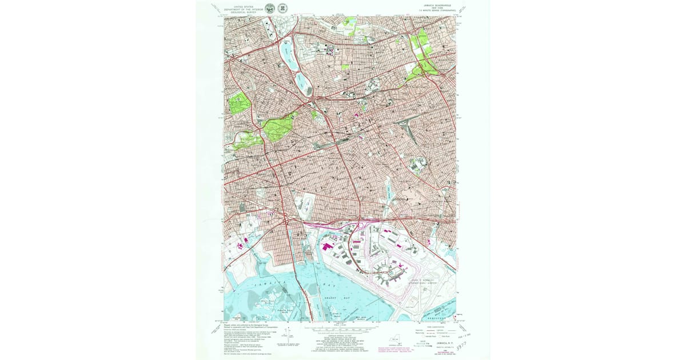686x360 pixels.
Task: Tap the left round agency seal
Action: pos(270,8)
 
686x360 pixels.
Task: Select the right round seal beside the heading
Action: pos(282,8)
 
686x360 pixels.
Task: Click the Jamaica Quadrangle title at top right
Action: pos(434,5)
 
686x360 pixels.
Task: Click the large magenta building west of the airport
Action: pos(328,247)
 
